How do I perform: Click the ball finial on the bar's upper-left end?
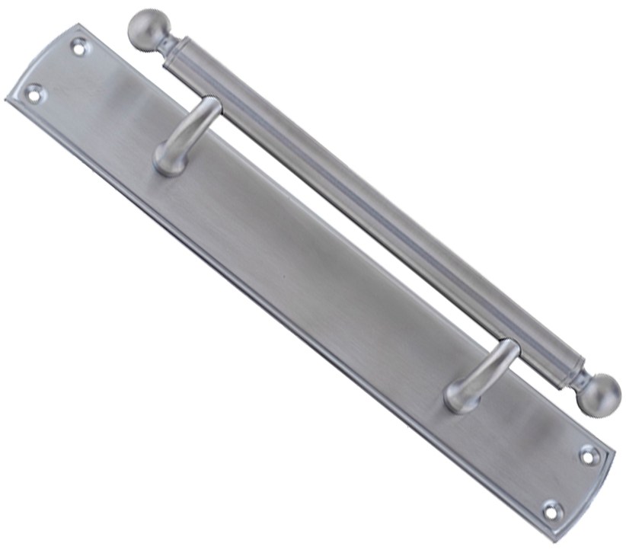(147, 29)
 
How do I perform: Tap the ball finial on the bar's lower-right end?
(598, 393)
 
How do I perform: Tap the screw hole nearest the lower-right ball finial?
(589, 456)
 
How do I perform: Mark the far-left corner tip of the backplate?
(7, 100)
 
